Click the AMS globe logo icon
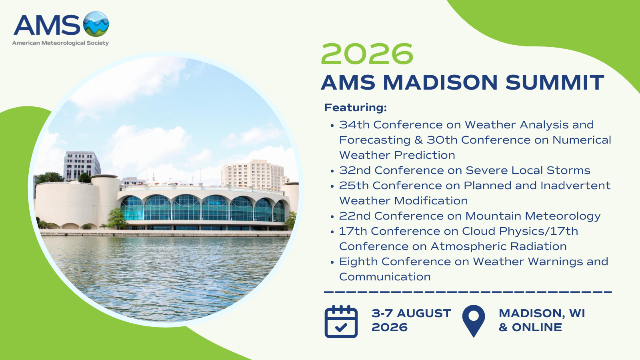click(x=96, y=24)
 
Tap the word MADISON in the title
click(x=440, y=82)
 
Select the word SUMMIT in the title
click(x=554, y=82)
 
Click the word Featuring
click(x=356, y=108)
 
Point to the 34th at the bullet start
click(x=354, y=124)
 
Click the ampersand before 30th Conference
click(x=418, y=140)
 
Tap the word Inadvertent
click(x=576, y=186)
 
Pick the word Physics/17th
click(x=538, y=231)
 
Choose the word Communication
click(x=385, y=277)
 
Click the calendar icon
click(x=341, y=322)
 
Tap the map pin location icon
click(x=474, y=321)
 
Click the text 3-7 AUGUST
click(x=411, y=314)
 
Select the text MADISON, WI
click(x=542, y=314)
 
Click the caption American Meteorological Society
click(x=60, y=43)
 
